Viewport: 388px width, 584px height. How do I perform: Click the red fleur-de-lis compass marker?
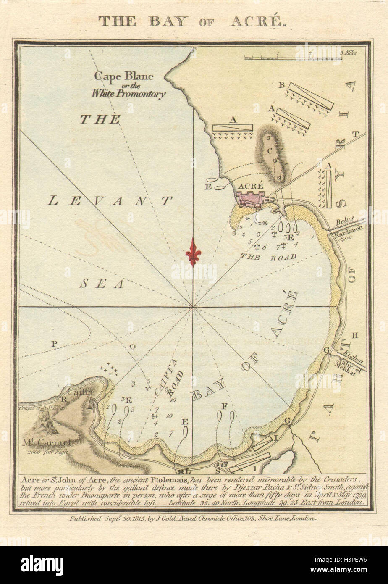click(193, 251)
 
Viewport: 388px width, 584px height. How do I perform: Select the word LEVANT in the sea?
click(110, 201)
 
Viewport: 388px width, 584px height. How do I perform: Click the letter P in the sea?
click(54, 344)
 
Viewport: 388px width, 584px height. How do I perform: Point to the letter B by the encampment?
click(282, 85)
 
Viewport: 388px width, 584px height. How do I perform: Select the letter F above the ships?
click(225, 406)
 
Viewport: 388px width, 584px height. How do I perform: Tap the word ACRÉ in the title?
click(257, 22)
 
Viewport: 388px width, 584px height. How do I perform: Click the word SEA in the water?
click(102, 284)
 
